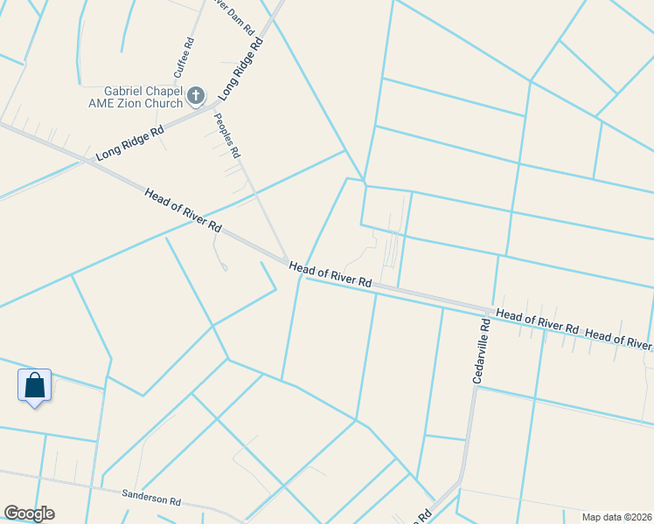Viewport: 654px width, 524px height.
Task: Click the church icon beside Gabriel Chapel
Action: point(196,94)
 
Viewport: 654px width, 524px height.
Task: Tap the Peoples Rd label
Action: point(227,135)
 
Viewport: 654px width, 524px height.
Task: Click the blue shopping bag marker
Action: point(34,385)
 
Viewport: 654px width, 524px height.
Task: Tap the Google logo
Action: point(29,514)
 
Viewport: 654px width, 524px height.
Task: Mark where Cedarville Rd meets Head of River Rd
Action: point(485,312)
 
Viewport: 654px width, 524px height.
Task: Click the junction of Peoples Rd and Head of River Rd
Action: point(286,259)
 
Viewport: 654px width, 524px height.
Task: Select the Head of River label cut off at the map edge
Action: point(619,339)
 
